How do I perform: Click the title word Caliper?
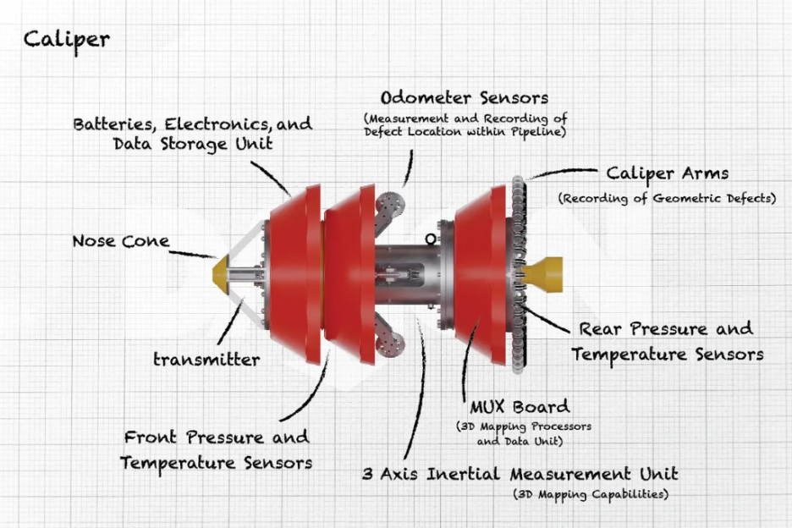[x=66, y=39]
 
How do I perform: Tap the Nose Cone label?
[x=120, y=241]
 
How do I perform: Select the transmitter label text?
[x=206, y=360]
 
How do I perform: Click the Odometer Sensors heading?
[x=465, y=98]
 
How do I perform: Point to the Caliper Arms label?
[x=667, y=173]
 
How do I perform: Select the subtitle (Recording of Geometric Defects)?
[x=666, y=199]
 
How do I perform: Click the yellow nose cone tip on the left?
[x=223, y=273]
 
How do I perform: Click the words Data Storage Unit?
[x=193, y=144]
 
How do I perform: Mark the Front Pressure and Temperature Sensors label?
[x=217, y=450]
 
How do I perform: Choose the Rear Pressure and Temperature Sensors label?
[x=667, y=341]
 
